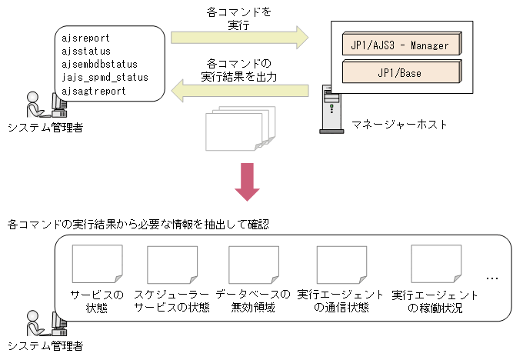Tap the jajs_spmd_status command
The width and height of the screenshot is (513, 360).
click(x=105, y=77)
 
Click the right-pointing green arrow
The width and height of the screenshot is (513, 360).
click(x=238, y=36)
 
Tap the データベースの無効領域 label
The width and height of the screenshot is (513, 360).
click(x=253, y=301)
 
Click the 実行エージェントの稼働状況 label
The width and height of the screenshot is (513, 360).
click(x=435, y=301)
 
